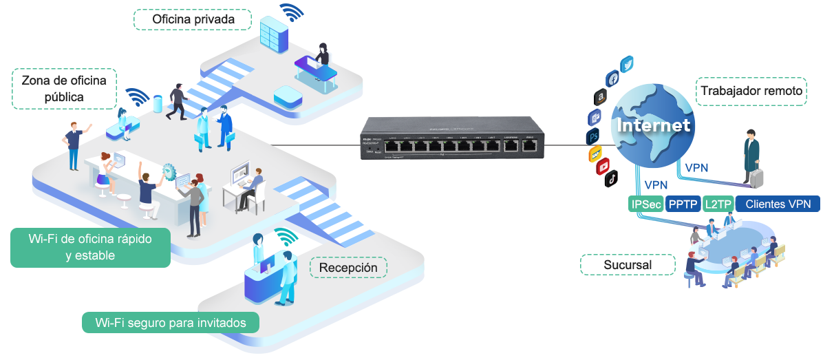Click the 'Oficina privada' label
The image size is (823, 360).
coord(193,19)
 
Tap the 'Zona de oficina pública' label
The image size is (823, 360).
coord(64,88)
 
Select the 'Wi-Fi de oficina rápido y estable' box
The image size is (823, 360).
coord(89,247)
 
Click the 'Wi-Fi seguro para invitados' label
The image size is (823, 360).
coord(170,322)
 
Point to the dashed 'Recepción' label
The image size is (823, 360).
coord(349,267)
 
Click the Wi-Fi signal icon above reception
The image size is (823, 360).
coord(286,237)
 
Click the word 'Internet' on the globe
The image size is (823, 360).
coord(653,126)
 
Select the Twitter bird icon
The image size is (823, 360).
coord(627,65)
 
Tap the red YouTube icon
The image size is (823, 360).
coord(603,166)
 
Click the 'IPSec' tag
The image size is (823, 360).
coord(645,204)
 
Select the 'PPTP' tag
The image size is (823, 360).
coord(683,204)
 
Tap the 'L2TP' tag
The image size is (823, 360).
coord(718,204)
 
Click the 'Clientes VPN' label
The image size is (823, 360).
coord(778,204)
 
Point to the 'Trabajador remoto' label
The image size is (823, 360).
coord(752,92)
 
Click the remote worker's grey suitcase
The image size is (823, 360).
coord(757,178)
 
